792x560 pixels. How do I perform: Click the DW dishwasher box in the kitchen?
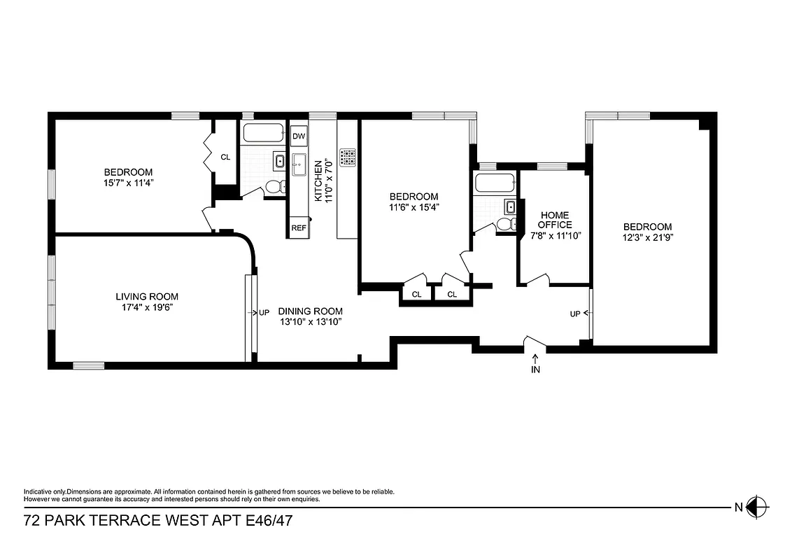[299, 136]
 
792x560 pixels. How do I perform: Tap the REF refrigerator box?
[299, 228]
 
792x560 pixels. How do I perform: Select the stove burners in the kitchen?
[347, 157]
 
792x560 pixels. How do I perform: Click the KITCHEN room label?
[318, 181]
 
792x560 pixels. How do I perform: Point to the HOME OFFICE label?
[555, 220]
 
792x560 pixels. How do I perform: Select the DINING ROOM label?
[310, 311]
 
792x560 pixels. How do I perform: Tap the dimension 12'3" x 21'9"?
[647, 237]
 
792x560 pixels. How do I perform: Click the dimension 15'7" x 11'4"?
[128, 183]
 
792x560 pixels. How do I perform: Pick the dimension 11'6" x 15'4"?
[413, 207]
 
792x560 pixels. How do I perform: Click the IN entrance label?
[536, 370]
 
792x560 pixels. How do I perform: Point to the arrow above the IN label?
[536, 358]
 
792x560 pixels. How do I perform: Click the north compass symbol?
[757, 507]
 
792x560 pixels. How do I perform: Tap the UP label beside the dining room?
[264, 313]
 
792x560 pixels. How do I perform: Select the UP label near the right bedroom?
[575, 314]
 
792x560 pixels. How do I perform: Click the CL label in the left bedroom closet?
[225, 157]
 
